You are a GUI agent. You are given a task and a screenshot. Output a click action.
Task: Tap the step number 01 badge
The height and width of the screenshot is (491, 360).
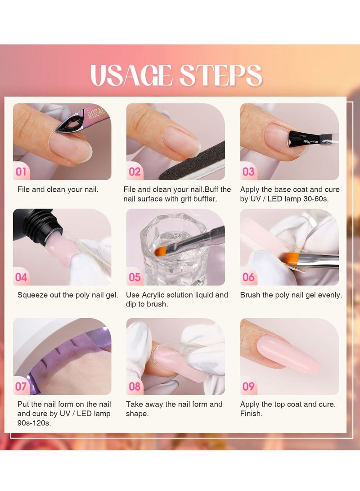pyautogui.click(x=21, y=171)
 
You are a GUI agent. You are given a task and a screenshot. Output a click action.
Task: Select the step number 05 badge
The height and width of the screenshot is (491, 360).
pyautogui.click(x=135, y=277)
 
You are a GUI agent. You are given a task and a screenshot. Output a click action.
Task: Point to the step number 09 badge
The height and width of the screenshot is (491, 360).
pyautogui.click(x=248, y=386)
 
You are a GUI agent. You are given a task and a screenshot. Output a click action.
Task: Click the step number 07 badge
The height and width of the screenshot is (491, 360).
pyautogui.click(x=21, y=386)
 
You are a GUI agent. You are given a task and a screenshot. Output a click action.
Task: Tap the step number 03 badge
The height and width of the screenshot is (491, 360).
pyautogui.click(x=248, y=171)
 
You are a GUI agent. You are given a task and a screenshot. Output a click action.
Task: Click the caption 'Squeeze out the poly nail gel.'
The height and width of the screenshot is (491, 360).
pyautogui.click(x=67, y=295)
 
